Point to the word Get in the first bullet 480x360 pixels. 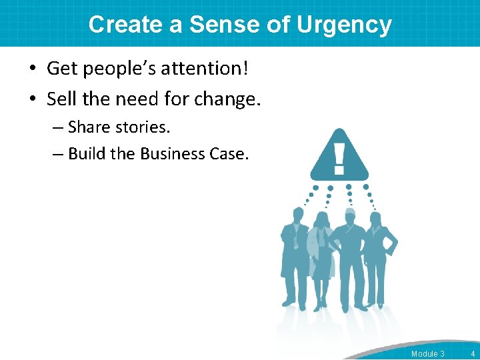tap(61, 68)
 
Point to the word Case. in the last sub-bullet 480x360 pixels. tap(229, 154)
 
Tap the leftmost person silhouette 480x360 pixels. tap(293, 257)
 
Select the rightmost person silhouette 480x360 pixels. tap(378, 257)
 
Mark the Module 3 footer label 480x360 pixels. tap(427, 353)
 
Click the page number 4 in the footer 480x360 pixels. tap(472, 353)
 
